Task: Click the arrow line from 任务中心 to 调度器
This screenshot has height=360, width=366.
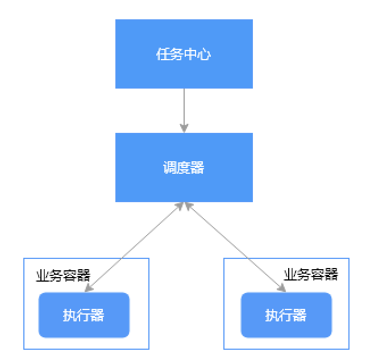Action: click(x=184, y=108)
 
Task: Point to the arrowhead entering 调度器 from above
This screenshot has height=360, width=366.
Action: click(x=184, y=128)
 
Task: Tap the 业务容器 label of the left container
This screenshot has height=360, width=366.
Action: click(x=63, y=275)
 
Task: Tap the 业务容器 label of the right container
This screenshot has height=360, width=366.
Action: click(x=311, y=275)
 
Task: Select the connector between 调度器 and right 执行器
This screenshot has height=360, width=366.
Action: click(x=233, y=246)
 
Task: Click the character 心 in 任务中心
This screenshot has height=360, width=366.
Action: click(x=204, y=55)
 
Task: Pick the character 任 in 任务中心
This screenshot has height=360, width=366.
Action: click(x=163, y=55)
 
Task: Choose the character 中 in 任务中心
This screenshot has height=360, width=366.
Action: click(x=190, y=55)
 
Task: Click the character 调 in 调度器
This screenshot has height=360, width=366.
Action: click(x=169, y=168)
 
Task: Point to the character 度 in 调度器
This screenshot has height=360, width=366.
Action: click(x=184, y=168)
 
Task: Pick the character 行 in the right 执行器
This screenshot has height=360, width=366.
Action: click(x=286, y=316)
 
